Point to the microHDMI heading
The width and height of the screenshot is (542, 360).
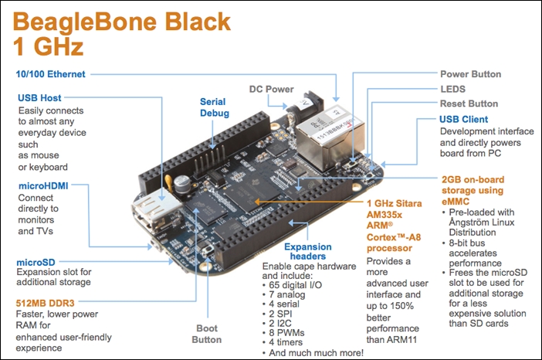tap(44, 186)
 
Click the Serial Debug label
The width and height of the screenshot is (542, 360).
tap(214, 107)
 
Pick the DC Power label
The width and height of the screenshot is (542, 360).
tap(271, 89)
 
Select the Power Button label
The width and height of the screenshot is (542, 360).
tap(470, 75)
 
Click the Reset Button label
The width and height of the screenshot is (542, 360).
tap(469, 104)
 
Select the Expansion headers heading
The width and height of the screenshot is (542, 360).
tap(309, 251)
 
